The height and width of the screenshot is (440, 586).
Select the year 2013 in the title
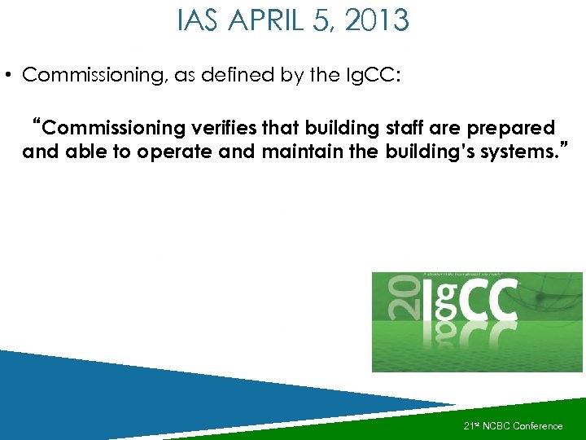point(378,20)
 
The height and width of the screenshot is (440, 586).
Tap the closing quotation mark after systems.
point(564,147)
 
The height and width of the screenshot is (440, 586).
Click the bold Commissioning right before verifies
point(112,129)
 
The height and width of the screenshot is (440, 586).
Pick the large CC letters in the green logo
point(480,298)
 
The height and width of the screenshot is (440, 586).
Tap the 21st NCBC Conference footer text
point(513,425)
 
